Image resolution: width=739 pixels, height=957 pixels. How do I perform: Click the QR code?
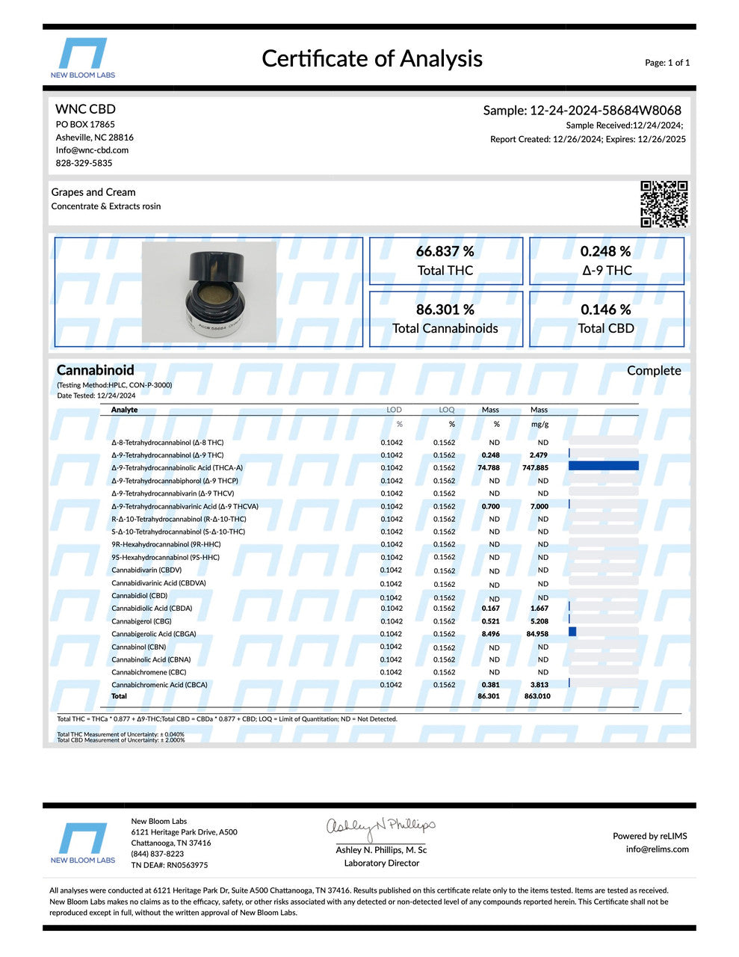664,203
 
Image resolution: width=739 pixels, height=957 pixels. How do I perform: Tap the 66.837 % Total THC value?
445,252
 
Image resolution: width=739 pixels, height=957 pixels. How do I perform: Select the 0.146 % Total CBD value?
606,310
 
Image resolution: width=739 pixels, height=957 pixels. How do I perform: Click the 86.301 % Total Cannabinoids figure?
445,310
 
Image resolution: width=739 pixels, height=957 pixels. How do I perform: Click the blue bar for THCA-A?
603,467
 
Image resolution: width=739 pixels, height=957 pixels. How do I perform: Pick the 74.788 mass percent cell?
489,468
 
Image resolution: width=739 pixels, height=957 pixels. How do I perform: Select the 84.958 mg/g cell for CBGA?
538,634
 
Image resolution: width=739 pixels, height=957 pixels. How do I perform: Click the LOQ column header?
446,410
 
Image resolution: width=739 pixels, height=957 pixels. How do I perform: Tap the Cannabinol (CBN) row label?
139,647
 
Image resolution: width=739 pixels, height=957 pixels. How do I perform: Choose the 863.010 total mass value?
537,696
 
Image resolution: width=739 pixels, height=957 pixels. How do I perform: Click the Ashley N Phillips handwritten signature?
380,827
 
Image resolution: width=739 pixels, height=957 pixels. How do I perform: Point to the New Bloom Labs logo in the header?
82,58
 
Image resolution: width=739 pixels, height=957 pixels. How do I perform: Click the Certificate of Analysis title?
372,58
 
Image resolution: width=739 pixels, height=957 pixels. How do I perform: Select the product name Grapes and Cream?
93,192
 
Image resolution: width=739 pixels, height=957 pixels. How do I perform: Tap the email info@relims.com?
657,849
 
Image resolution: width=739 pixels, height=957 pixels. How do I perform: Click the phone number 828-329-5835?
84,163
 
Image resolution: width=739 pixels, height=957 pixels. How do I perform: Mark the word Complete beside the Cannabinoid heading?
654,371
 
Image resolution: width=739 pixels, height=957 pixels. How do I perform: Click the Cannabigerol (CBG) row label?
141,621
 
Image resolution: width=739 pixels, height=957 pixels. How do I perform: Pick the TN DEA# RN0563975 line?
170,865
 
